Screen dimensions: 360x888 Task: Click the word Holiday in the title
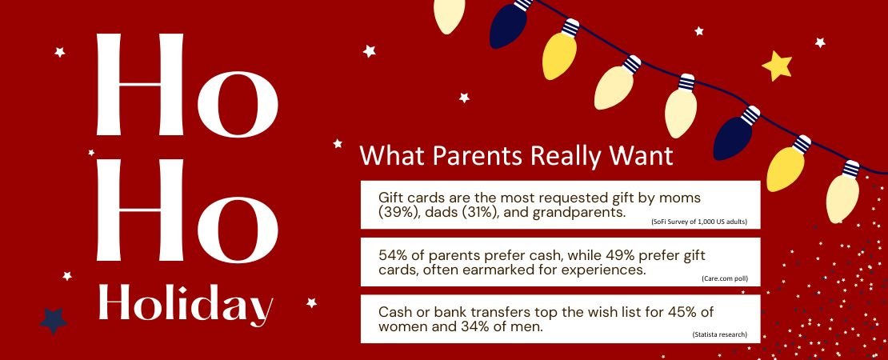[185, 305]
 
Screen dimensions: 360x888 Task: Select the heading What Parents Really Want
[516, 155]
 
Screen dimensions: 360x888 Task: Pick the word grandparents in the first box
[579, 213]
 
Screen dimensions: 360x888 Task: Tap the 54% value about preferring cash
[393, 255]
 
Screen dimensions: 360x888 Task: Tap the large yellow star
[777, 66]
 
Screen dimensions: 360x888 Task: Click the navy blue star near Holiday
[54, 319]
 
